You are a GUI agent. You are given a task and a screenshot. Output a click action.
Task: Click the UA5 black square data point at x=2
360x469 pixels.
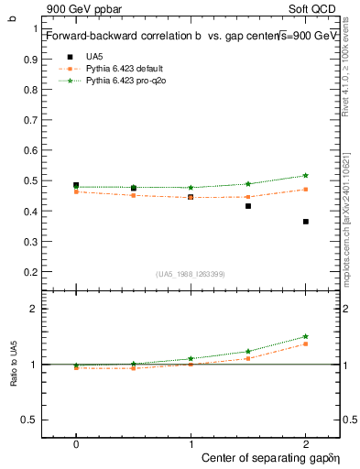coord(305,222)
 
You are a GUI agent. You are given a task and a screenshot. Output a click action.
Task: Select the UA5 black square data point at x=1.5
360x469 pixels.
coord(248,206)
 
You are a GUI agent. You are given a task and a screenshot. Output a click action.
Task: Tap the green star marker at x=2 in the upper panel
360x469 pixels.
coord(305,175)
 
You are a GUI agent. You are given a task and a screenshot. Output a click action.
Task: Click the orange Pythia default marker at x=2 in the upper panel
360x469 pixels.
coord(305,190)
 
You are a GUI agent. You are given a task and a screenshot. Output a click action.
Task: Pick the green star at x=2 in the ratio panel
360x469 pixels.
coord(305,336)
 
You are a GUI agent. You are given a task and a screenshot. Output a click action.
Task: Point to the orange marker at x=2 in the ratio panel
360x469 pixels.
coord(305,344)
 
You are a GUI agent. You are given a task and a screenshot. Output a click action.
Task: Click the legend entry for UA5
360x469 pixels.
coord(93,56)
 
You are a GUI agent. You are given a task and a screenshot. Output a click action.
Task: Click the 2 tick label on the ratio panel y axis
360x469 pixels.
coord(34,310)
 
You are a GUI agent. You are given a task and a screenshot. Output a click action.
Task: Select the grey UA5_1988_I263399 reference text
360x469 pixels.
coord(190,274)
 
